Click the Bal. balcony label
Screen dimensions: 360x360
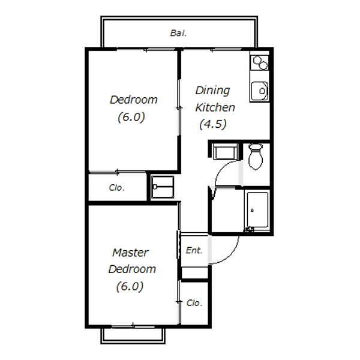click(178, 33)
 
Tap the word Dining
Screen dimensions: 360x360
click(212, 91)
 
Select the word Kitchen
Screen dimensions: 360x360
click(215, 107)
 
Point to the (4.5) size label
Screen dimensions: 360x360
click(213, 124)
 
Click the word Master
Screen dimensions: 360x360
click(130, 253)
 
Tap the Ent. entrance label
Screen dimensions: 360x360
click(194, 250)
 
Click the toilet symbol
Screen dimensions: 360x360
click(256, 157)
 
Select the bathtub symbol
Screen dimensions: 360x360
click(257, 210)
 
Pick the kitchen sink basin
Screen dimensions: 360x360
click(259, 91)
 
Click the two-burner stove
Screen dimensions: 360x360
click(260, 62)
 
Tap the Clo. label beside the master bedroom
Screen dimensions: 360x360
click(194, 303)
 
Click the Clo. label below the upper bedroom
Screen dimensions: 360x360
click(116, 188)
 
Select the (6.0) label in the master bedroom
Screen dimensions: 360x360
click(130, 287)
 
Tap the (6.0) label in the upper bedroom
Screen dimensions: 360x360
click(131, 117)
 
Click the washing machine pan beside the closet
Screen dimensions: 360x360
click(163, 187)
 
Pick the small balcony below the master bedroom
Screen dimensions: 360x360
click(133, 336)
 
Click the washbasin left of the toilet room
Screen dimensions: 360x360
click(225, 152)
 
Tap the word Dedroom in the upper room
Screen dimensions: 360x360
click(134, 100)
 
